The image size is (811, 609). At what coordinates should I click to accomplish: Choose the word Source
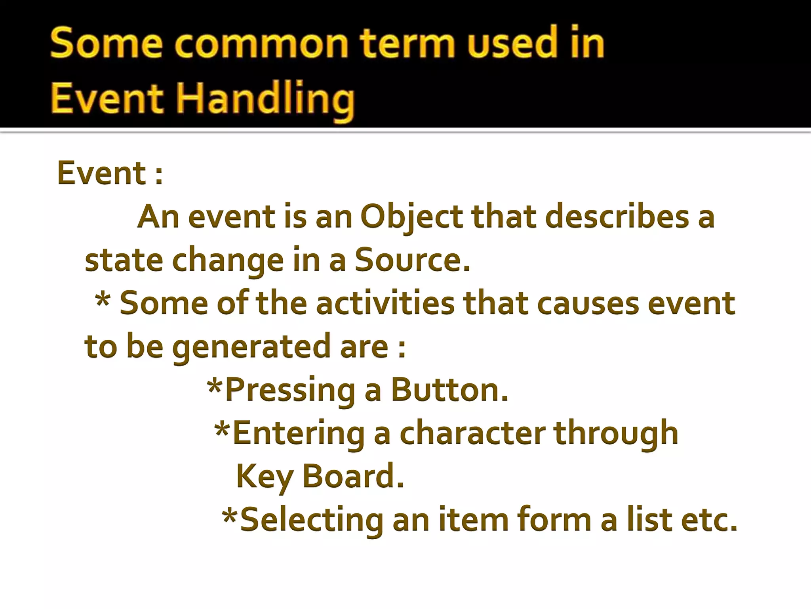[x=412, y=260]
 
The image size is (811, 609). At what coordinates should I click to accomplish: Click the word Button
[x=449, y=390]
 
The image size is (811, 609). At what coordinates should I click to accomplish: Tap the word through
[x=616, y=433]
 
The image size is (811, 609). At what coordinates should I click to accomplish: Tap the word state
[x=124, y=260]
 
